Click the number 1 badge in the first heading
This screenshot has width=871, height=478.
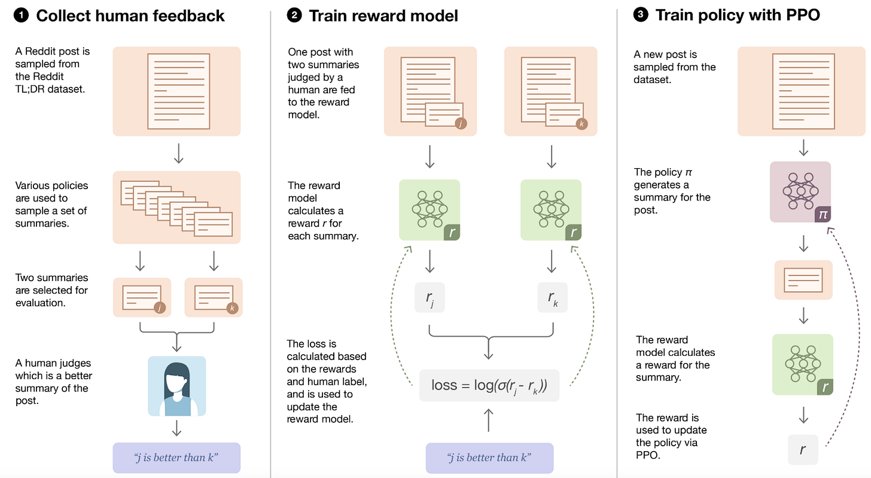click(x=22, y=16)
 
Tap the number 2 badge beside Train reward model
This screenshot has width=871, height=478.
click(x=294, y=16)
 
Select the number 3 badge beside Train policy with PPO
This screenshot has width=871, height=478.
click(x=641, y=15)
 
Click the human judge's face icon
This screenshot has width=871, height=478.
click(x=177, y=386)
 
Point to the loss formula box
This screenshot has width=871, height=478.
click(x=489, y=385)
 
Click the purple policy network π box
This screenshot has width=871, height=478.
click(x=800, y=192)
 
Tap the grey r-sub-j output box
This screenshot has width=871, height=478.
click(x=430, y=297)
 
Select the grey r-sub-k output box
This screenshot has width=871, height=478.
click(x=553, y=297)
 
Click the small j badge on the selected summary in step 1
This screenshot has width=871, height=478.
click(x=160, y=308)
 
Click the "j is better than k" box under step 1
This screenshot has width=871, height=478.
click(x=176, y=458)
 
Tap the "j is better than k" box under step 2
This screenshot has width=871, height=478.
click(x=489, y=458)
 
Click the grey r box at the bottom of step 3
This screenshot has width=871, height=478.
click(x=803, y=450)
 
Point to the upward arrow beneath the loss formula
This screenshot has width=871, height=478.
click(x=489, y=420)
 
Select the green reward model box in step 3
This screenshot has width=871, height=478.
click(x=803, y=364)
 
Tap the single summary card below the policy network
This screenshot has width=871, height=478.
click(x=803, y=280)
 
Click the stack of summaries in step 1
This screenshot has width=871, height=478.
click(x=176, y=208)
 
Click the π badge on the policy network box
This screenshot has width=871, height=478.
click(x=823, y=214)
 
